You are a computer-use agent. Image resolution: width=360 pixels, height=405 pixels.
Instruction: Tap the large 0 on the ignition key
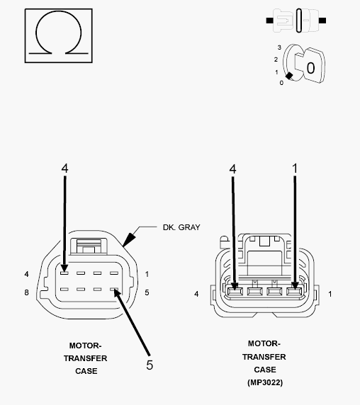point(310,68)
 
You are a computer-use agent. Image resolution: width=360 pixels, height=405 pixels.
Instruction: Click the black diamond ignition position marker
point(289,76)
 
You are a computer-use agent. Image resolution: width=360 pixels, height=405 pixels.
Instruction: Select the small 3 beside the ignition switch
point(279,47)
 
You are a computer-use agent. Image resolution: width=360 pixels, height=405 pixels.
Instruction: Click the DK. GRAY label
point(181,227)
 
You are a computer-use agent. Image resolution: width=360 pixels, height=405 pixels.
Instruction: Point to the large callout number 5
point(150,365)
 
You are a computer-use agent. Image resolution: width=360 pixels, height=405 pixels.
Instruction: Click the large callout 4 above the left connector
point(64,168)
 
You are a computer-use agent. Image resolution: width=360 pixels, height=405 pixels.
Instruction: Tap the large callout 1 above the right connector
point(295,169)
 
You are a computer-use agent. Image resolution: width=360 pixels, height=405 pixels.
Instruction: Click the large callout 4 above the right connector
point(232,169)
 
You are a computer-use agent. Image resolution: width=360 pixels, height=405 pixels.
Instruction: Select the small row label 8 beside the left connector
point(26,292)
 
